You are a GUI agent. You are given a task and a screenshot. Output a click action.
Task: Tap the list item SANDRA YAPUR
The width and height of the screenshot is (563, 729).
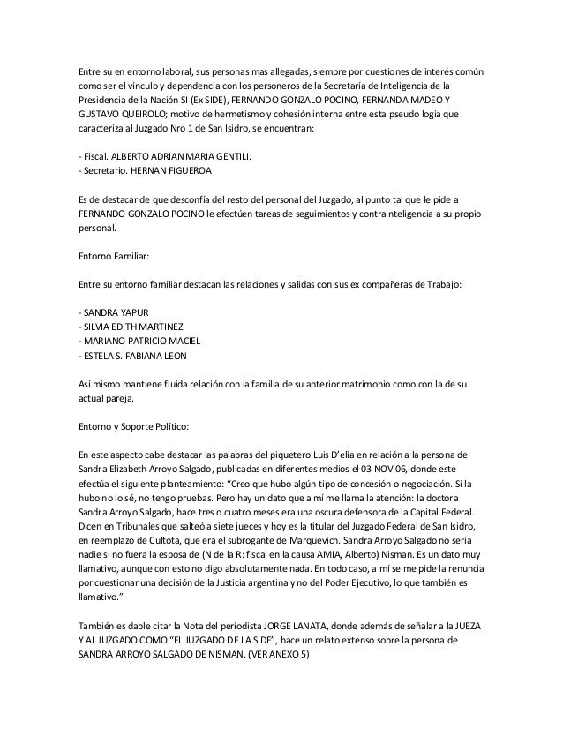(113, 312)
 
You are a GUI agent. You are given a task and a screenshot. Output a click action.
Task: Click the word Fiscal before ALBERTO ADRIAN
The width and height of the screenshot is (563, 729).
(95, 156)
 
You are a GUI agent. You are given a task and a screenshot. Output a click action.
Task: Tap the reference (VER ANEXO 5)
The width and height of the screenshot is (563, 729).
(279, 654)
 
